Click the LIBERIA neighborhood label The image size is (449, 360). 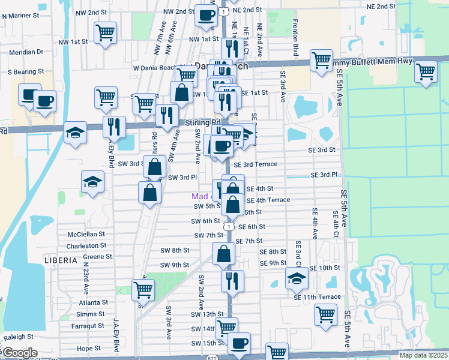tap(61, 260)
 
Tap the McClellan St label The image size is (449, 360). tap(86, 234)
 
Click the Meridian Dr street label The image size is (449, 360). tap(26, 52)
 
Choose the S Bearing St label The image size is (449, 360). tap(27, 72)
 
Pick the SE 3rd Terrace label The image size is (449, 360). tap(256, 164)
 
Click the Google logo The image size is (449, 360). tap(19, 353)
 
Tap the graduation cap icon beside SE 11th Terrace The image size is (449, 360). tap(296, 278)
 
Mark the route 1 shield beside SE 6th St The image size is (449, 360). tap(229, 226)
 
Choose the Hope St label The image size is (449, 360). tap(88, 348)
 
